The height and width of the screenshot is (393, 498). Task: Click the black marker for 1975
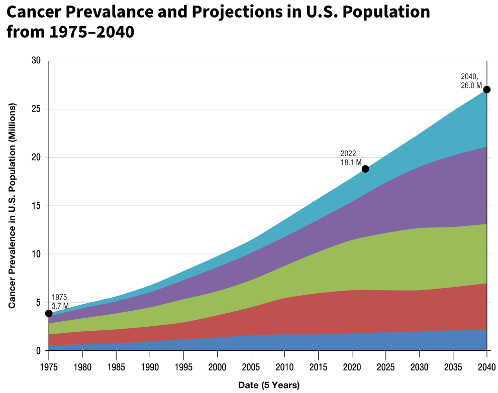click(x=49, y=313)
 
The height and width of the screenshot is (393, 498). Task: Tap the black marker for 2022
click(x=365, y=169)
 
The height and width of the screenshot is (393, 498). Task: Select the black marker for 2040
click(x=487, y=89)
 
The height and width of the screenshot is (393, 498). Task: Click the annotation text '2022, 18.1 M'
click(x=351, y=158)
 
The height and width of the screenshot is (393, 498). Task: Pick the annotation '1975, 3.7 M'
click(x=60, y=302)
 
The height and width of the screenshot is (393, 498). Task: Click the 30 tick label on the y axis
click(x=36, y=61)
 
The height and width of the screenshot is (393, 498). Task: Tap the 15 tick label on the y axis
click(x=36, y=206)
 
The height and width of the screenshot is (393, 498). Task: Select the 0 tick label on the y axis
click(x=38, y=351)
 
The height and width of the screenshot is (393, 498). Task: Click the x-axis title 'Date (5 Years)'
click(x=268, y=385)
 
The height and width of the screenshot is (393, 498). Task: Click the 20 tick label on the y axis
click(x=36, y=158)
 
